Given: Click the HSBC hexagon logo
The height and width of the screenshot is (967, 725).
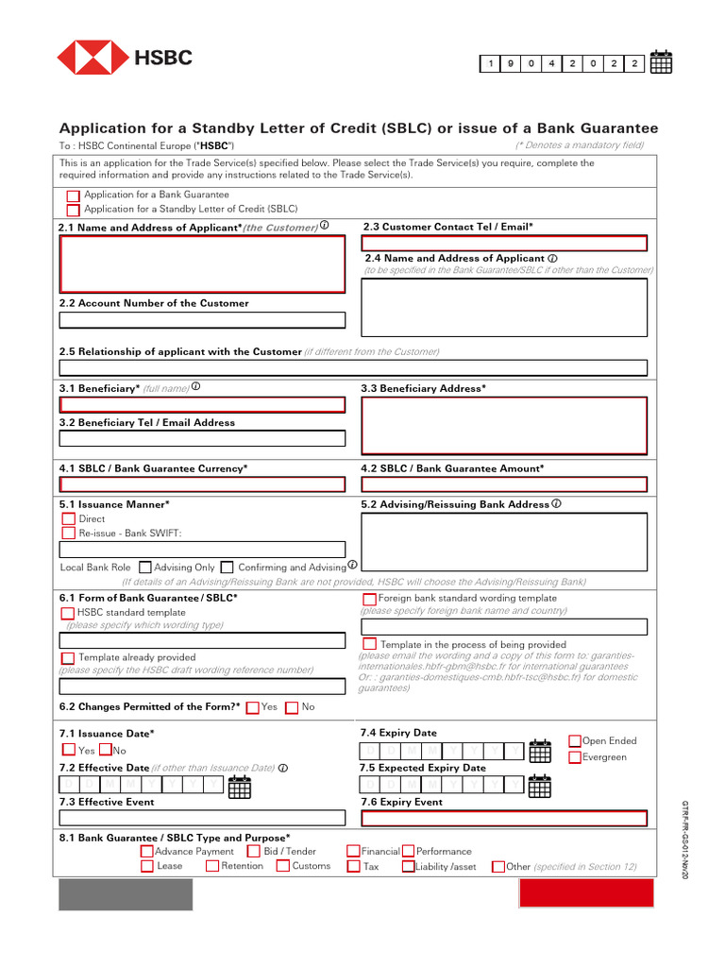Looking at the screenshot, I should [92, 58].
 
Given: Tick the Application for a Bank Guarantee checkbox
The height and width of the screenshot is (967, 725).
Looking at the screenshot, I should [73, 195].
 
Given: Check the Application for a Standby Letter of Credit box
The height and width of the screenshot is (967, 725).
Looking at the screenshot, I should [73, 210].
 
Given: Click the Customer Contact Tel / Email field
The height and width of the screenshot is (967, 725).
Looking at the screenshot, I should [505, 243].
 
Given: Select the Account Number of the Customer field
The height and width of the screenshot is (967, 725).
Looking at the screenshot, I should [202, 320].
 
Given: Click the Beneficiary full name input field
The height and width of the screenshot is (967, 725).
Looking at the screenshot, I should [202, 404].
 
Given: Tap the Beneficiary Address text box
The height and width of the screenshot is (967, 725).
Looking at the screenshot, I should [505, 426].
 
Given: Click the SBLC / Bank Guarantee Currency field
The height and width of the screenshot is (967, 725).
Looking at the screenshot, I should [202, 484].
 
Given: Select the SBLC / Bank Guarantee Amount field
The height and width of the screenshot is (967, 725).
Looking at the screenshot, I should [505, 484].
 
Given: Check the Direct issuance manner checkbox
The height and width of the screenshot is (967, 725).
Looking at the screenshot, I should [68, 518].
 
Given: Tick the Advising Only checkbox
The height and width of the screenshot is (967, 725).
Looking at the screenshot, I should [144, 568].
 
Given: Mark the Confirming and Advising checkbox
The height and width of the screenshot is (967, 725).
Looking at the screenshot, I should [227, 568].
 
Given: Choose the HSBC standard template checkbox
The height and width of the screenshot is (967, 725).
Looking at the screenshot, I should [68, 613].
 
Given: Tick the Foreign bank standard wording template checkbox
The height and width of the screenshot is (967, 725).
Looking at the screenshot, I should [369, 599].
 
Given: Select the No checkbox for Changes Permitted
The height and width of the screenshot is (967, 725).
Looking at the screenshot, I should [291, 707].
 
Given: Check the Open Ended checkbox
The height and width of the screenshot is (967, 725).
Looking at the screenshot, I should [575, 741].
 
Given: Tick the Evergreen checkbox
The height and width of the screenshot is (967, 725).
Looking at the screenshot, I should [575, 757].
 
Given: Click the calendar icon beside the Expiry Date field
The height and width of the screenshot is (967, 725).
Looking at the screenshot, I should [539, 751].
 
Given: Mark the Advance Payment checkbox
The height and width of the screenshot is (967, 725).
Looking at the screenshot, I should [146, 852].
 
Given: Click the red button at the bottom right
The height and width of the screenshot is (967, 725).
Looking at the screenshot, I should [586, 893].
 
